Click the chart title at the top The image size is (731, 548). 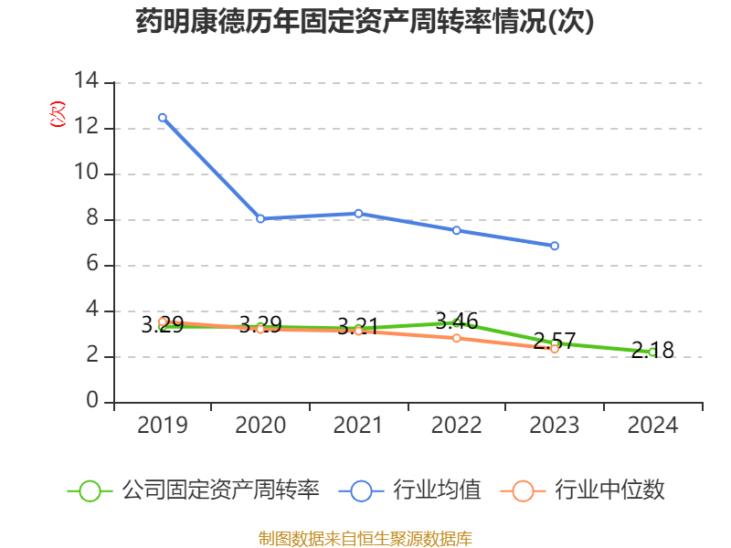point(365,22)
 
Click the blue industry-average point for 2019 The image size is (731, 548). point(163,117)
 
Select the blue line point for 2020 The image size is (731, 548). point(260,218)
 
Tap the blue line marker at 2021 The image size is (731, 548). point(358,213)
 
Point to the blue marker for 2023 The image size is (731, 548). point(555,246)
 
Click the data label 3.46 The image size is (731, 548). point(456,321)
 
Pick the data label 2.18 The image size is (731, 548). point(652,350)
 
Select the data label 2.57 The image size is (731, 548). point(555,341)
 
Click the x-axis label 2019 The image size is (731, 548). point(163,426)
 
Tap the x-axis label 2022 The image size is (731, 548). point(456,426)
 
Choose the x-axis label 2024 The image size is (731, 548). point(652,426)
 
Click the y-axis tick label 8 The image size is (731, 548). point(92,219)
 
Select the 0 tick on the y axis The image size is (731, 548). point(92,402)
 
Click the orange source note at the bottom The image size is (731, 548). point(365,538)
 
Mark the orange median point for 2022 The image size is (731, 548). point(456,338)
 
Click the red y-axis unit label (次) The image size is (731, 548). point(57,114)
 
